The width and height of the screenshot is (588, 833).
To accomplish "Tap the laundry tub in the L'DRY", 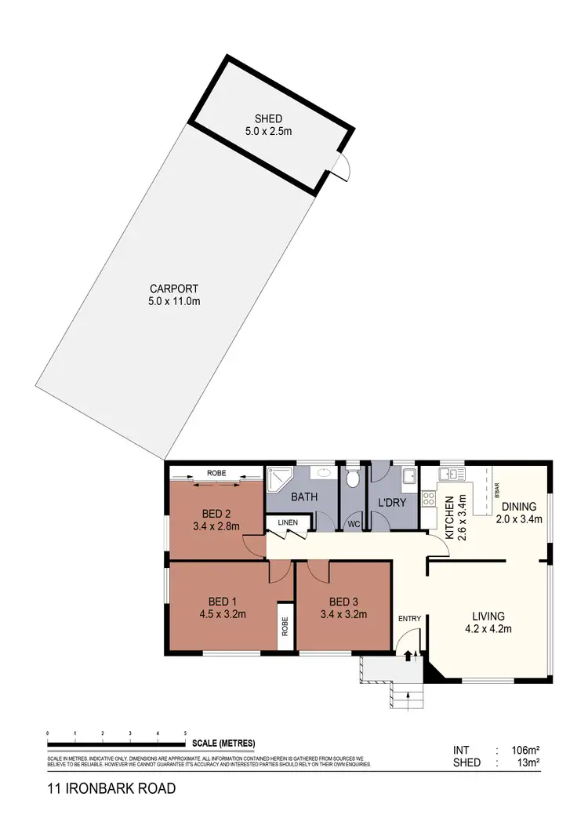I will (x=408, y=476).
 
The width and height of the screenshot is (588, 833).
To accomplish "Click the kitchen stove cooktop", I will (x=430, y=500).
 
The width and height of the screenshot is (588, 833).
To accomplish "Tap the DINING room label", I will (x=520, y=507).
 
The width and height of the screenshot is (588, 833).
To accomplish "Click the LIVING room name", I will (x=488, y=616).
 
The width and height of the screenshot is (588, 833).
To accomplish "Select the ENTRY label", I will (x=410, y=618).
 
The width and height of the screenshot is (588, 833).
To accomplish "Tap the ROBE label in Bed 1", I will (x=285, y=626).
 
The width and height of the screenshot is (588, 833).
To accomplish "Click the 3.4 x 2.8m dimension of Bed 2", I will (x=216, y=526).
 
